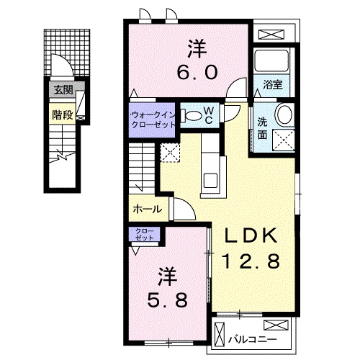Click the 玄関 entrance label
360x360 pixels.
63,90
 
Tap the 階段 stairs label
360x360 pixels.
63,115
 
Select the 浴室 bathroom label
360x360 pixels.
273,85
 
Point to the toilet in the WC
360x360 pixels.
192,115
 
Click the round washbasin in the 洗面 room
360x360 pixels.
285,114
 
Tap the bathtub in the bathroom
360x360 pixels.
271,60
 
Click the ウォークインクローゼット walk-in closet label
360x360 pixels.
152,120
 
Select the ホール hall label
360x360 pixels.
147,210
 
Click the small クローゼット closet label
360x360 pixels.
144,235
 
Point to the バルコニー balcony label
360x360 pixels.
253,340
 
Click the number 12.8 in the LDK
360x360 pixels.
251,261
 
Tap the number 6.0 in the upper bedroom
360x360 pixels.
197,73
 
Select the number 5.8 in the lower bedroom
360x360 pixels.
167,300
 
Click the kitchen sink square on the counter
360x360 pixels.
210,181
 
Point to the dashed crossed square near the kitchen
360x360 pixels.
170,153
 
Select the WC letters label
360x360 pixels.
209,115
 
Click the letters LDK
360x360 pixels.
251,235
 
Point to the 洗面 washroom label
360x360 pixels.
262,129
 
